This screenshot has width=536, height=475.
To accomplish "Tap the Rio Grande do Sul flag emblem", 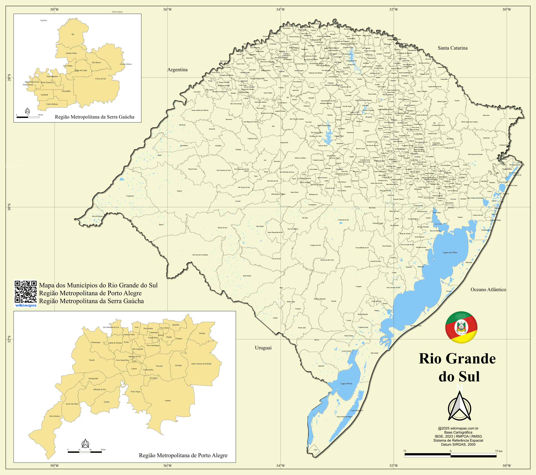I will pos(461,327).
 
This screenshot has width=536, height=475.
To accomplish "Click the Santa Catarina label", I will pos(452,48).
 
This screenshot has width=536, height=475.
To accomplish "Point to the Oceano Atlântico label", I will pos(488,290).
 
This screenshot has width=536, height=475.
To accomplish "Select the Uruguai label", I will pos(263,348).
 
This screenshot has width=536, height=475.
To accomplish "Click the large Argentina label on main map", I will pos(178,70).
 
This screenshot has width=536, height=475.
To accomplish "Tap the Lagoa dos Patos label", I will pos(450,253).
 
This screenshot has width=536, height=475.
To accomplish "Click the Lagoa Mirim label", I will pos(346,384).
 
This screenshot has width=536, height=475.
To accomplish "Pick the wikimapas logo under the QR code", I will pos(26,305).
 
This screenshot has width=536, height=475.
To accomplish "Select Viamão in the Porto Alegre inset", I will pos(168,401).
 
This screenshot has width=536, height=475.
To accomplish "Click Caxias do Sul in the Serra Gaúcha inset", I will pos(100,79).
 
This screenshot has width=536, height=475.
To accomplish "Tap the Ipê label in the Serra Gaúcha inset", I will pos(73,34).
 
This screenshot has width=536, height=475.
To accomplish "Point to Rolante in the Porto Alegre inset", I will pos(202,333).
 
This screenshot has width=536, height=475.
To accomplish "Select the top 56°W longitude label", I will pos(168,9).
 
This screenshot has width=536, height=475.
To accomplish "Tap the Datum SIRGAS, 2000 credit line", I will pos(458,445).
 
